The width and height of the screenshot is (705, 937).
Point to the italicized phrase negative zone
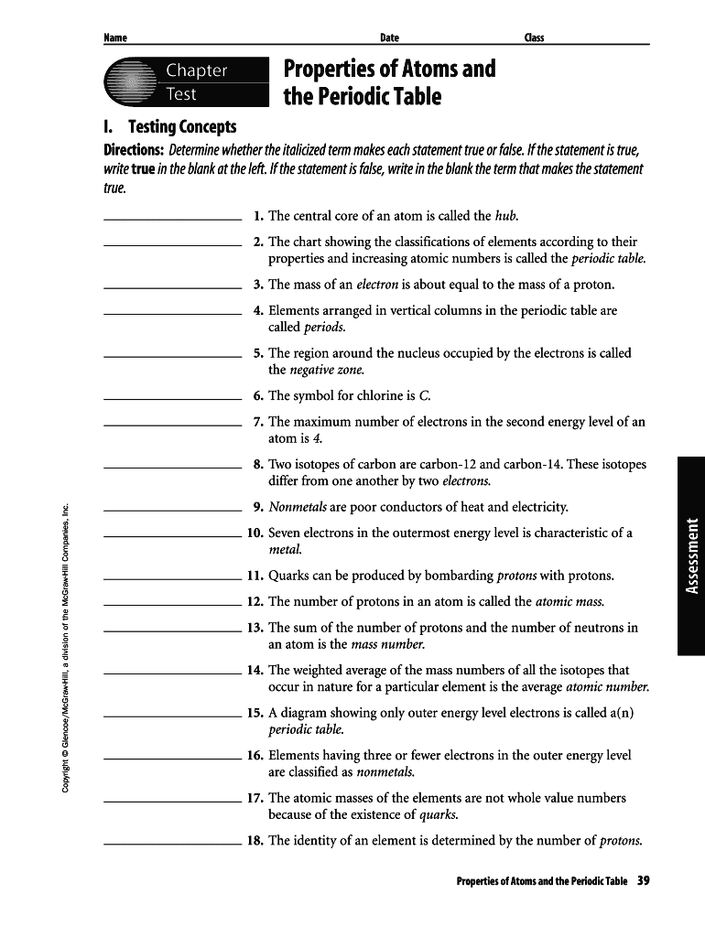pyautogui.click(x=327, y=370)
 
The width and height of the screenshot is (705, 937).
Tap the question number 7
pyautogui.click(x=258, y=422)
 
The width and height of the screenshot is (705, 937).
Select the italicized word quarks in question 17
pyautogui.click(x=438, y=814)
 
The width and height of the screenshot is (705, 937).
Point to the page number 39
pyautogui.click(x=643, y=881)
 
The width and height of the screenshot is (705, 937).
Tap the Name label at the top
pyautogui.click(x=114, y=38)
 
